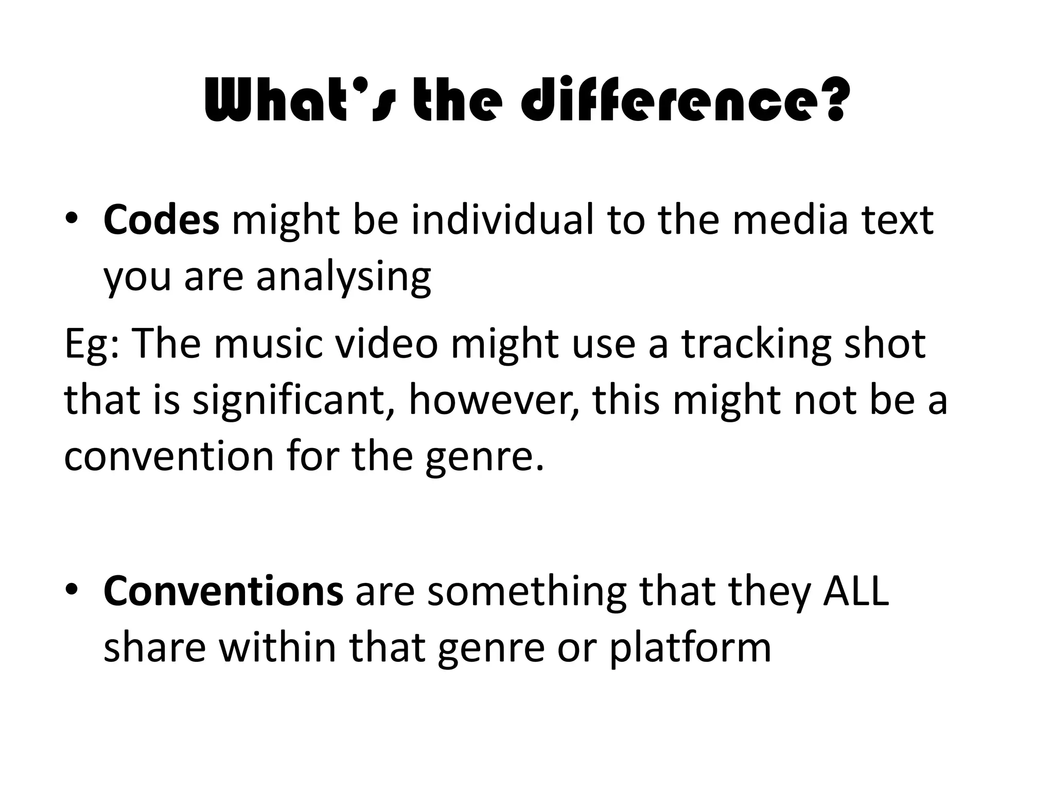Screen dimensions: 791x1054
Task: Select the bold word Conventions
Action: pos(223,591)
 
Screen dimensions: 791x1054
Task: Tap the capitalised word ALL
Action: pos(856,591)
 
